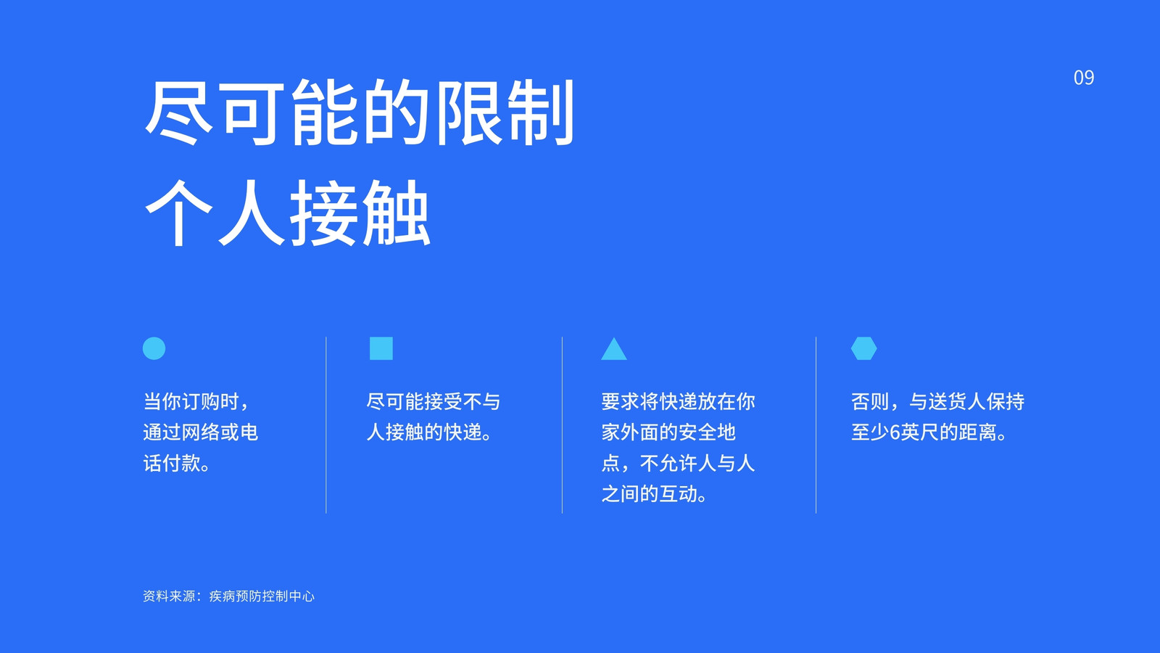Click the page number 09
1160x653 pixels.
tap(1083, 78)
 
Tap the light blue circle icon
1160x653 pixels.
tap(154, 348)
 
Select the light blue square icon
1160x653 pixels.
tap(381, 348)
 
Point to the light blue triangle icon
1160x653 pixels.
tap(613, 349)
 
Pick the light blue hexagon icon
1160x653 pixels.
tap(863, 348)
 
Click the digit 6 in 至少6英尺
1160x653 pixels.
tap(895, 432)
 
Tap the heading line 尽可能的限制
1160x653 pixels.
tap(360, 112)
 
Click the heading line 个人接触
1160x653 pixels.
tap(287, 213)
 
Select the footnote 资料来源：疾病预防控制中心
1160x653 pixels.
tap(228, 596)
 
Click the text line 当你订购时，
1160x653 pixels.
tap(196, 402)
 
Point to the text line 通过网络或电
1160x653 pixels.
tap(200, 432)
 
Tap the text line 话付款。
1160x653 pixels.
tap(177, 463)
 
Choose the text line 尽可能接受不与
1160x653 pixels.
tap(434, 402)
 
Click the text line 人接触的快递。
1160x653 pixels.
tap(429, 432)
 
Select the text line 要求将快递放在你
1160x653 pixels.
tap(678, 402)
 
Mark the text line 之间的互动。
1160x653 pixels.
tap(655, 494)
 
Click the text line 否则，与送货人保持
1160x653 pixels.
tap(937, 402)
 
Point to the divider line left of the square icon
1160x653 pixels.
tap(326, 425)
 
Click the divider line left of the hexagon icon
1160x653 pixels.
tap(816, 425)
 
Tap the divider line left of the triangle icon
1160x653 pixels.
tap(563, 425)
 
